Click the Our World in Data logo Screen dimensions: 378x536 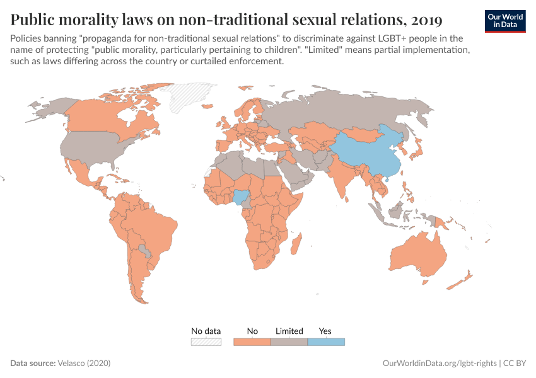505,21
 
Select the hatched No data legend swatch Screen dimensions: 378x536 206,342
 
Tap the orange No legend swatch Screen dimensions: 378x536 252,342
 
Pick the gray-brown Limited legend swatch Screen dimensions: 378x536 289,342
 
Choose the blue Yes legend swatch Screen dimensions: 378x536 326,342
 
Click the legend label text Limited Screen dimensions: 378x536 289,331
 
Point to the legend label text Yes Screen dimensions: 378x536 325,331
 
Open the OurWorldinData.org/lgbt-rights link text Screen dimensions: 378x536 439,364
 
